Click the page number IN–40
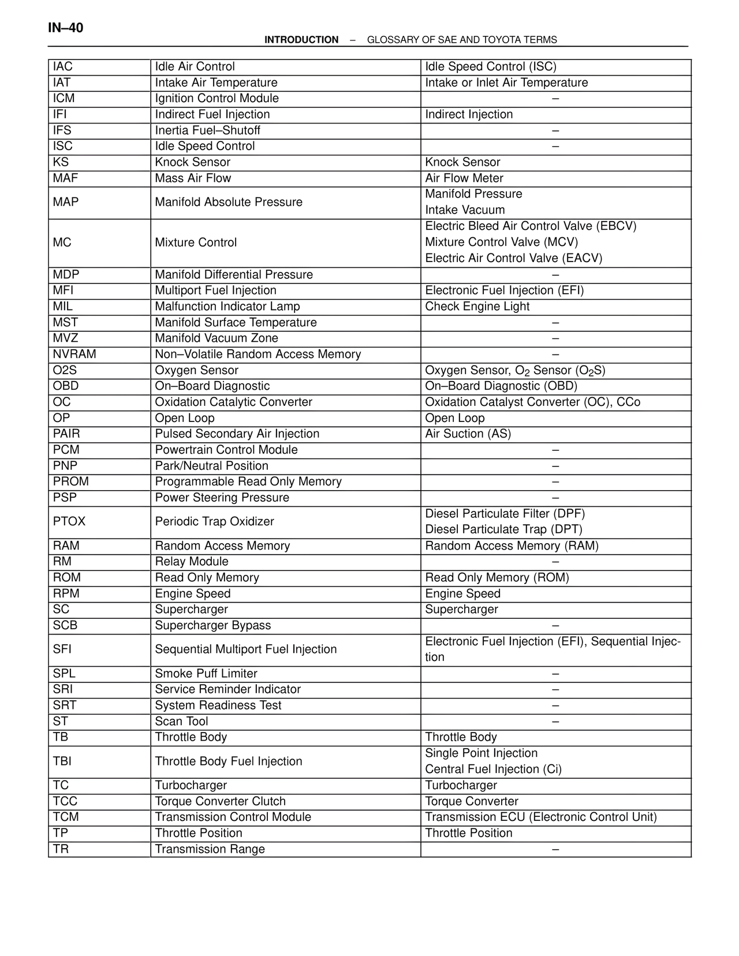pyautogui.click(x=66, y=28)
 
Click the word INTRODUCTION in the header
pyautogui.click(x=301, y=40)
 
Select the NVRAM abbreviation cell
pyautogui.click(x=74, y=354)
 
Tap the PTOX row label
pyautogui.click(x=69, y=522)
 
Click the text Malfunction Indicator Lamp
pyautogui.click(x=227, y=307)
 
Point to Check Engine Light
pyautogui.click(x=477, y=307)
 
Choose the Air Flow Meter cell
pyautogui.click(x=464, y=178)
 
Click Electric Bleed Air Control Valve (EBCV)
pyautogui.click(x=531, y=226)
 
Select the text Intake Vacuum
pyautogui.click(x=465, y=210)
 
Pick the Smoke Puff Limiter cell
pyautogui.click(x=206, y=674)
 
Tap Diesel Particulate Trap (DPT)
pyautogui.click(x=503, y=529)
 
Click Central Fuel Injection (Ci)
pyautogui.click(x=493, y=770)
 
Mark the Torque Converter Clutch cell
pyautogui.click(x=220, y=801)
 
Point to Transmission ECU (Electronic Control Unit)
pyautogui.click(x=541, y=817)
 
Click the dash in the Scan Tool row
pyautogui.click(x=555, y=722)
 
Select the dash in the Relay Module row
pyautogui.click(x=555, y=562)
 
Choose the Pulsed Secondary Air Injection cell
pyautogui.click(x=237, y=434)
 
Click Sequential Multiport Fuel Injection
pyautogui.click(x=245, y=649)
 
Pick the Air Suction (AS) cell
pyautogui.click(x=468, y=434)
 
